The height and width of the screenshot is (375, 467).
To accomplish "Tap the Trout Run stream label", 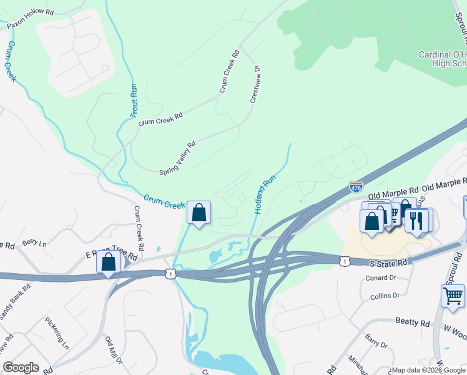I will [133, 101].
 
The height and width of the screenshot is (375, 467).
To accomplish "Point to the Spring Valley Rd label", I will [177, 157].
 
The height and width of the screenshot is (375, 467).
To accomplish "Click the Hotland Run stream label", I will [265, 194].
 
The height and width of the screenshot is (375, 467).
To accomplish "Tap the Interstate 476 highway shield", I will [356, 186].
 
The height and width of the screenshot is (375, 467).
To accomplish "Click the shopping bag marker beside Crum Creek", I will [199, 212].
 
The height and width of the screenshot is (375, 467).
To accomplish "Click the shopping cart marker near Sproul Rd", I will [453, 295].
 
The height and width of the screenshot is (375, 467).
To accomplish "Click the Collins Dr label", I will [383, 296].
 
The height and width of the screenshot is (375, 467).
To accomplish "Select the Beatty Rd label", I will [413, 322].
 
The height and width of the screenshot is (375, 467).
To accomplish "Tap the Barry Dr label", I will [376, 343].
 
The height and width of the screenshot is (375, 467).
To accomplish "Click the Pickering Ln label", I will [57, 332].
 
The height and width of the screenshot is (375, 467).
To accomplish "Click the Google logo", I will [21, 367].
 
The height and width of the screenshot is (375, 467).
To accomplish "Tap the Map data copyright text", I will [428, 370].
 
